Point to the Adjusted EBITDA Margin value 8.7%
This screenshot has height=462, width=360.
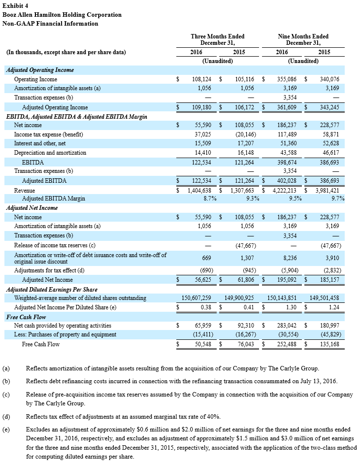(x=211, y=198)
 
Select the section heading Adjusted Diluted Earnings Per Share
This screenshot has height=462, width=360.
(x=52, y=290)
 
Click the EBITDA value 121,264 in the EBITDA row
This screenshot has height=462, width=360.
(x=243, y=162)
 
